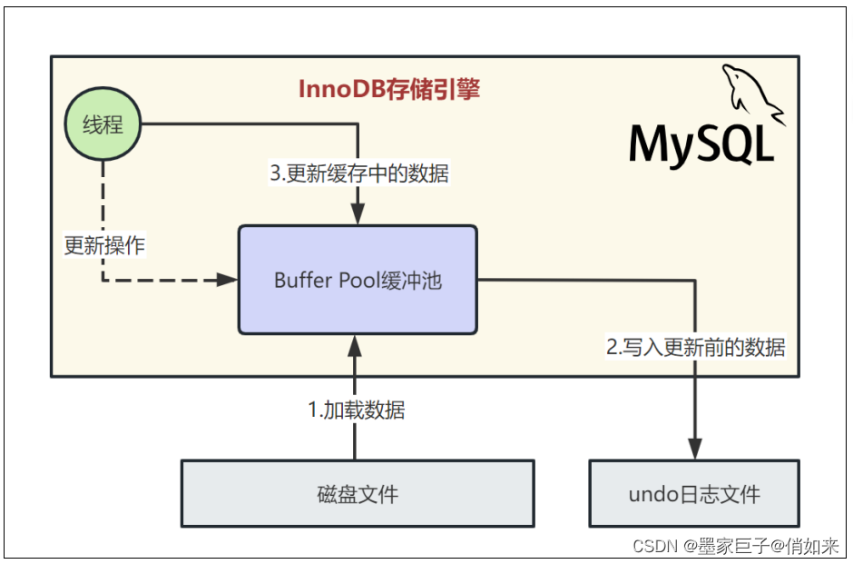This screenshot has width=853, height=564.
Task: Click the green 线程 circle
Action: [103, 125]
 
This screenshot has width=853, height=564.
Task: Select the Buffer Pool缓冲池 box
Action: [358, 280]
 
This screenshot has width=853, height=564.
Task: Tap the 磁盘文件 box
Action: [358, 494]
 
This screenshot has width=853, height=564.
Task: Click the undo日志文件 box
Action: [694, 494]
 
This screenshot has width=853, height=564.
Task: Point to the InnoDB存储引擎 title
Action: [389, 90]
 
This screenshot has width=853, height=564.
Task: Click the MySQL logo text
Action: [701, 144]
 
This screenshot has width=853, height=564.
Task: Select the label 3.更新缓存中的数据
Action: [359, 173]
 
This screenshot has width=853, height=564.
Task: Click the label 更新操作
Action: [104, 245]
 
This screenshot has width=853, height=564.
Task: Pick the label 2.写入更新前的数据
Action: [695, 346]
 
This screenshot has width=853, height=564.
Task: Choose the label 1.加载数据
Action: [357, 411]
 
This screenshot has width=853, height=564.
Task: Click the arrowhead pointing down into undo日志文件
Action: [695, 450]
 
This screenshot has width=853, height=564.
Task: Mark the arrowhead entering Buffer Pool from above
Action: [358, 215]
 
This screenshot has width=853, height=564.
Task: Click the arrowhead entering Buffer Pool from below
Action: [355, 344]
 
